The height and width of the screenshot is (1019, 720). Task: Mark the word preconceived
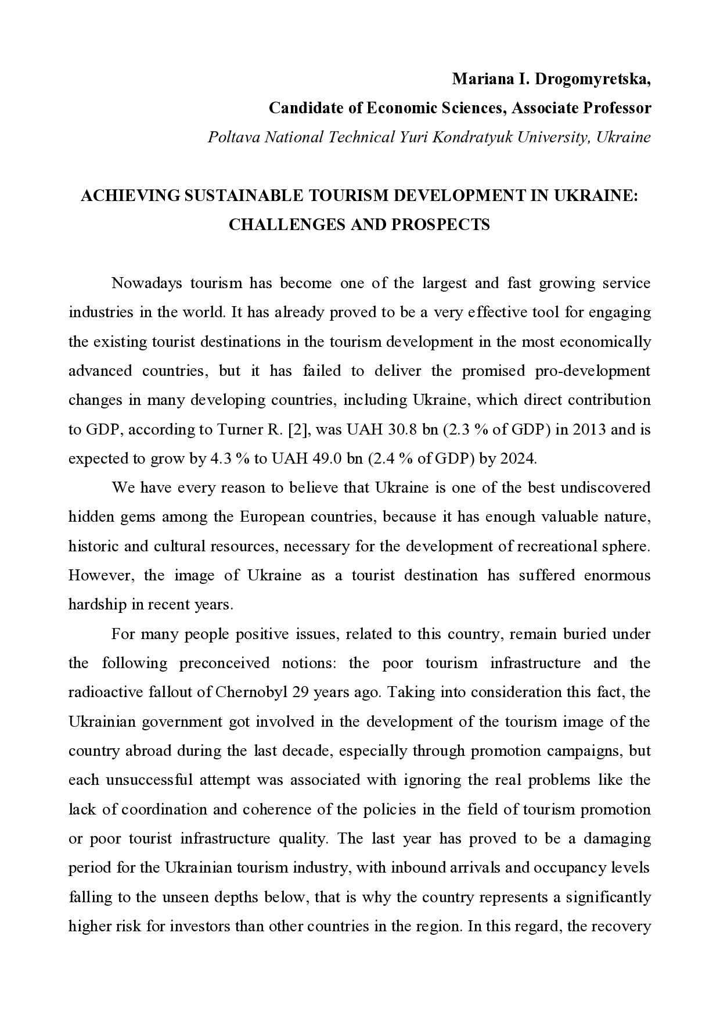[x=224, y=663]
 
